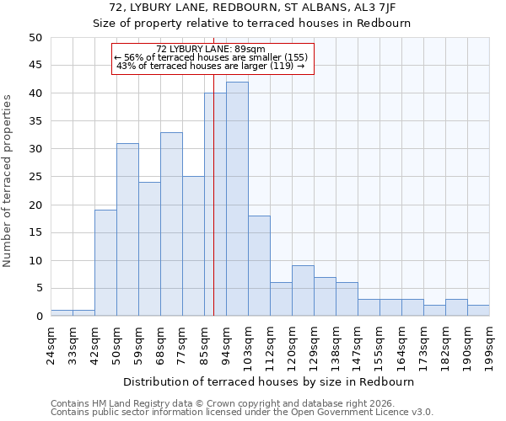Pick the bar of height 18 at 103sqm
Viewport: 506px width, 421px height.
[259, 266]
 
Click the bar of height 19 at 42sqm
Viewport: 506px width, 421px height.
[105, 263]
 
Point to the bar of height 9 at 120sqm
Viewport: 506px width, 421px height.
[303, 290]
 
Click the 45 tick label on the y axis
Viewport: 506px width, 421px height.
[35, 66]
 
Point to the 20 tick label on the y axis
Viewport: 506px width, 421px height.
[35, 205]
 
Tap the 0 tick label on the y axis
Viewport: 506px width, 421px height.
[38, 317]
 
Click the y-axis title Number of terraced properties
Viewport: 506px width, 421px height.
[8, 180]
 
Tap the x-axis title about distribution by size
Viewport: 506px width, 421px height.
[269, 381]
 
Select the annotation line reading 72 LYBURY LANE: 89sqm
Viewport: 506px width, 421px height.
[212, 49]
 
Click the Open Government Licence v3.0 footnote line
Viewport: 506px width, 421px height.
[242, 412]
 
